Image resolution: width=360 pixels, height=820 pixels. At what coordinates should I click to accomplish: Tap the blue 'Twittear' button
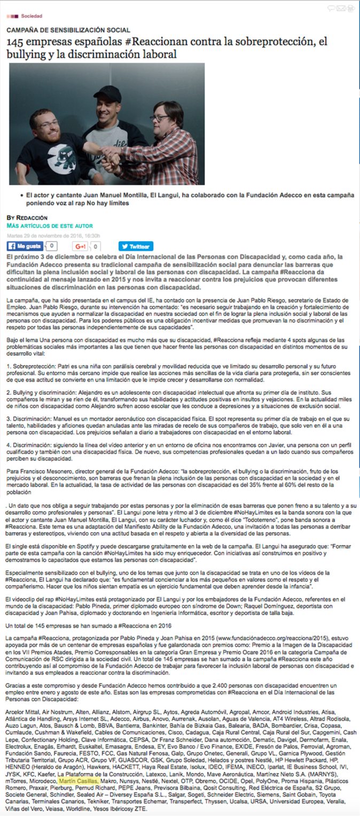click(136, 246)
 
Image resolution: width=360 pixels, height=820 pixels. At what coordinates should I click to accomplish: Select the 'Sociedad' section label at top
click(32, 16)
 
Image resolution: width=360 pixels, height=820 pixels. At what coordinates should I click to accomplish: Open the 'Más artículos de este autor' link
click(50, 226)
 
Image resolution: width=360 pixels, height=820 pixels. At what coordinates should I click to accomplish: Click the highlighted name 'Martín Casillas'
click(79, 780)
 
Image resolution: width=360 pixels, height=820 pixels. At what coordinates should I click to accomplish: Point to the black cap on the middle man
click(107, 93)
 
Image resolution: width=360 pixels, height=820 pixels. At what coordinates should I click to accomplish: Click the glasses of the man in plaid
click(160, 118)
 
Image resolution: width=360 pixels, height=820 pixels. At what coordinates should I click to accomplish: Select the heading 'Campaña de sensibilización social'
click(68, 30)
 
